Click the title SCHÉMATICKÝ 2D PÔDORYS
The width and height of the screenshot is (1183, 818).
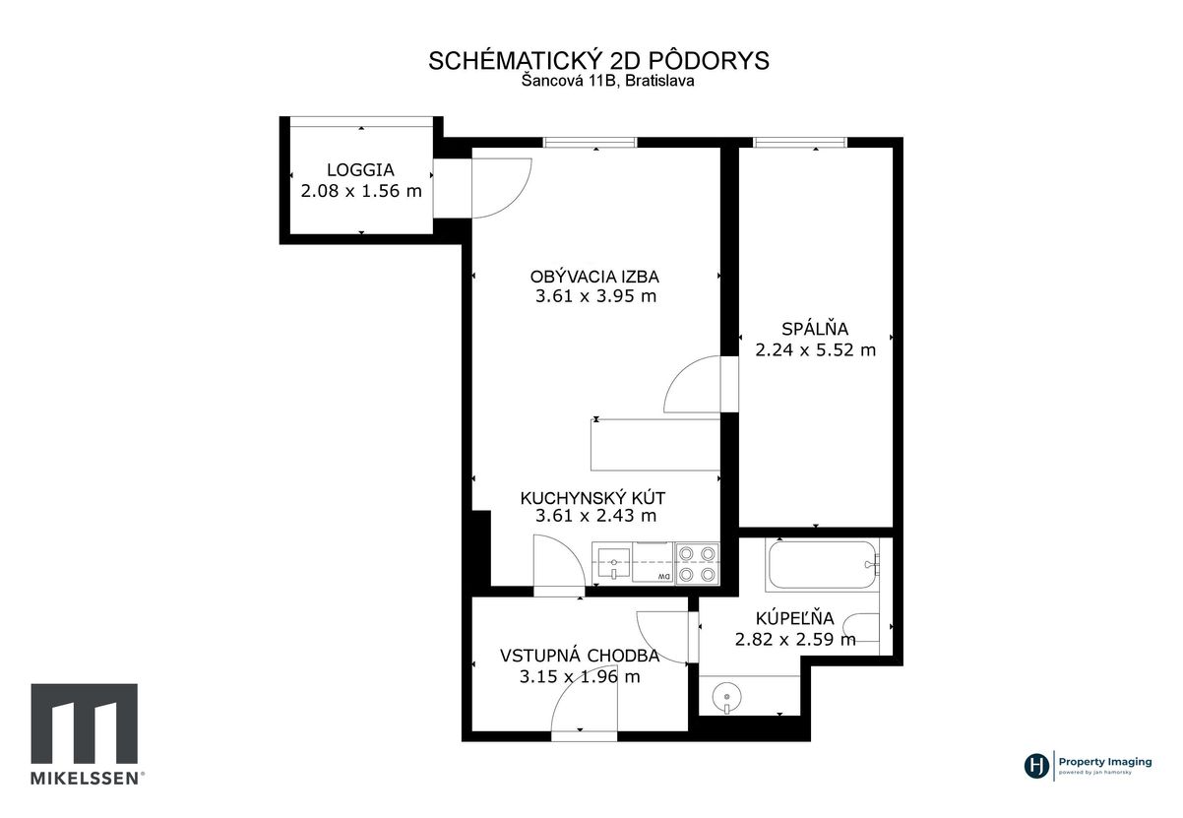pos(598,61)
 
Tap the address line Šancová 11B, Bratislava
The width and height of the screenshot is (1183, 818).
pos(608,81)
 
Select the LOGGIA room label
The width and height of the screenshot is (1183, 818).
pos(361,170)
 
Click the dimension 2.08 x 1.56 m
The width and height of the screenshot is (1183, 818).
pos(361,191)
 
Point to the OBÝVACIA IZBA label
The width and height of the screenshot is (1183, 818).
pos(594,277)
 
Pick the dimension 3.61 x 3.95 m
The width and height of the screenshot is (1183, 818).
pos(595,296)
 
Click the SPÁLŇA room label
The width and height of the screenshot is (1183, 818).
pos(815,329)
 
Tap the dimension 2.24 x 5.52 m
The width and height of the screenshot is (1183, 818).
pos(816,349)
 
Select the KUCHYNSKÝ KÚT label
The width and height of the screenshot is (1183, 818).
pos(592,497)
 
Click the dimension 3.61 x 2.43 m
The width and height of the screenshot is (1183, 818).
pos(595,516)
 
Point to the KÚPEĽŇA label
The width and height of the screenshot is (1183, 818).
pos(795,618)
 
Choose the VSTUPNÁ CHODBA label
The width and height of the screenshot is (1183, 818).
pos(580,656)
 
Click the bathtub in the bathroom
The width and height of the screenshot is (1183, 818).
pos(822,564)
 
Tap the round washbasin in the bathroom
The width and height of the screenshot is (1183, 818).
pos(726,696)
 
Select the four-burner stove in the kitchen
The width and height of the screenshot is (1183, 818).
pos(697,563)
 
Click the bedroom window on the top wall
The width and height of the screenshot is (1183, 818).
pos(799,142)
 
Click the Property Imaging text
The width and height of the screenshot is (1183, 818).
pos(1105,762)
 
